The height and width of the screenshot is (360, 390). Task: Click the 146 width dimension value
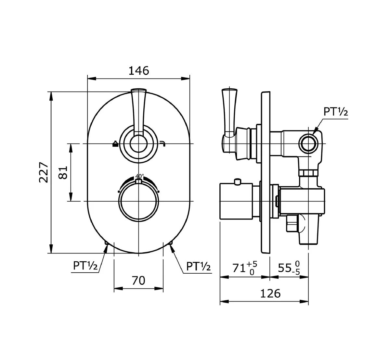pos(139,70)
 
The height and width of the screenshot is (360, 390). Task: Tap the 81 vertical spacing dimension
pos(63,172)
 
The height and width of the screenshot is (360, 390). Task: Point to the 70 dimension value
pos(138,280)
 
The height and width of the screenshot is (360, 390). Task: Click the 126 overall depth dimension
pos(270,293)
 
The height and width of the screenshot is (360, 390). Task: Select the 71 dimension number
pos(239,268)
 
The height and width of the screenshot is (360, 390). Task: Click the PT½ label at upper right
pos(335,112)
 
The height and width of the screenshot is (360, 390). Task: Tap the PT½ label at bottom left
pos(85,266)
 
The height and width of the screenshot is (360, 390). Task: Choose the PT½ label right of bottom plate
pos(199,267)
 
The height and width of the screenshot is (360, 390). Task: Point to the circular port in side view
pos(307,143)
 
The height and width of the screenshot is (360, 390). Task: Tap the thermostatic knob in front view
pos(139,201)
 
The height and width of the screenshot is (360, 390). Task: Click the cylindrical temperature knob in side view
pos(236,202)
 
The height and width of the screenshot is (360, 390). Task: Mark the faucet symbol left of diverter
pos(115,144)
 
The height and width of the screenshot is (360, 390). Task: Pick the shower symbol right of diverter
pos(163,144)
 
